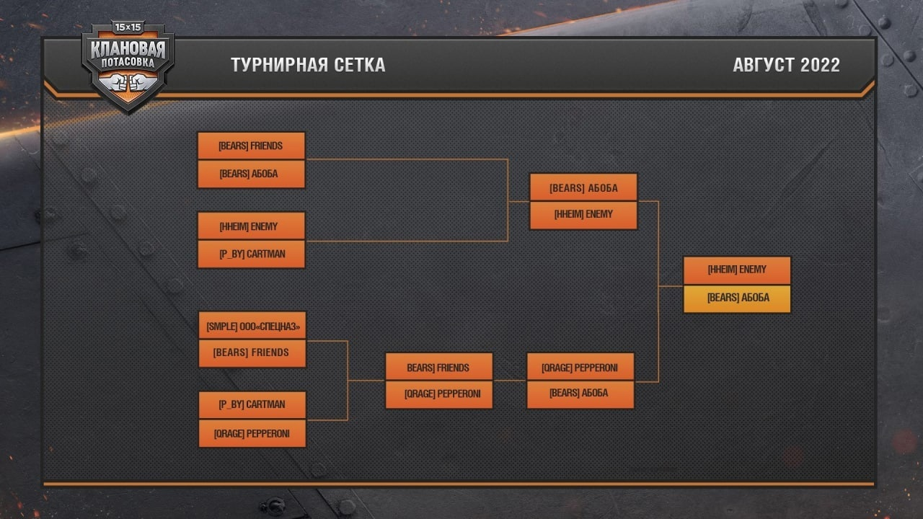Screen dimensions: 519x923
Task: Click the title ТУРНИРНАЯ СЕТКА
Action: [x=308, y=65]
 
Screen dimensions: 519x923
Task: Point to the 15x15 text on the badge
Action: [x=128, y=27]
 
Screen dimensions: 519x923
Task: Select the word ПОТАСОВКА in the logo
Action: [x=128, y=63]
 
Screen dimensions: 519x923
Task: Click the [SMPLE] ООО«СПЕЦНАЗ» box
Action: [x=252, y=327]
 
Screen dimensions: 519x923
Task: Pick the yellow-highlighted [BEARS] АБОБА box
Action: [x=737, y=298]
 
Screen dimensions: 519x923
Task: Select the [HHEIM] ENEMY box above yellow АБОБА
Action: [x=737, y=270]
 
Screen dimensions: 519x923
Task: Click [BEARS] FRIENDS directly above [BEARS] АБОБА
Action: [x=251, y=146]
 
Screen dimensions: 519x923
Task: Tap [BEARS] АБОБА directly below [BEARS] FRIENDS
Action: [x=251, y=174]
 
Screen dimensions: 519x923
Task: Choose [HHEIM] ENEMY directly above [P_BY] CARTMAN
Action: [x=251, y=226]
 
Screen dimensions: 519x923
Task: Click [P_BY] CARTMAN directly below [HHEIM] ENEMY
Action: [x=251, y=254]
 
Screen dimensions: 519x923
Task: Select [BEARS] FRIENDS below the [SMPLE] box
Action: [x=252, y=352]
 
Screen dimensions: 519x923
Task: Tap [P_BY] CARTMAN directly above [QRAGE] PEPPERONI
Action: [x=252, y=404]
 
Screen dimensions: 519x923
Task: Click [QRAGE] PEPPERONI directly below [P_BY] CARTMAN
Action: [x=252, y=433]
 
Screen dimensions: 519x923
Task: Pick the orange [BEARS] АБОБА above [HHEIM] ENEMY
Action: [x=583, y=187]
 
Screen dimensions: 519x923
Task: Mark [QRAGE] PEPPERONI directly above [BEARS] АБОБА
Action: [x=580, y=368]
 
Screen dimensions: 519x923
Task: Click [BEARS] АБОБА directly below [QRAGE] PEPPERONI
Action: [x=580, y=394]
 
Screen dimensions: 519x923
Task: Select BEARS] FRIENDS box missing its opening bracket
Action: [x=438, y=368]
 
